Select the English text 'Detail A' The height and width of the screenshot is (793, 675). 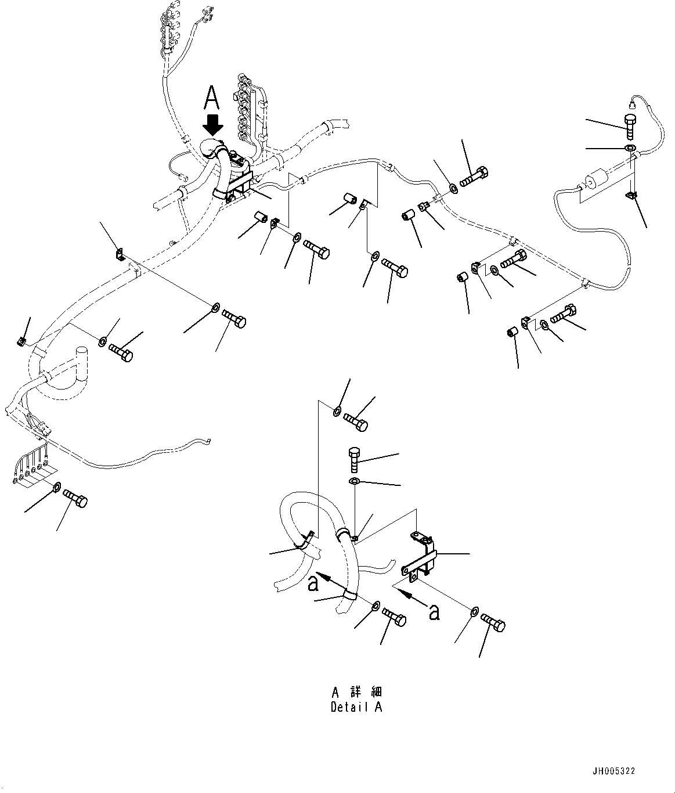[356, 707]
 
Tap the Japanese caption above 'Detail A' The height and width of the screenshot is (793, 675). [356, 692]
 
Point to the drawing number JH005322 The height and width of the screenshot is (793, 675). [613, 771]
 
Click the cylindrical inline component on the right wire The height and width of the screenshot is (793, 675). [593, 182]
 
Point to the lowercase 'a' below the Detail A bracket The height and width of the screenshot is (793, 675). [433, 611]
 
